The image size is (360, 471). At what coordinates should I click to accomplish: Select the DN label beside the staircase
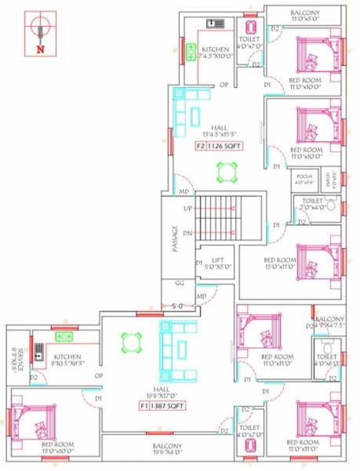[188, 234]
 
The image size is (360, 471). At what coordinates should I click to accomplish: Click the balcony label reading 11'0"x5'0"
[303, 16]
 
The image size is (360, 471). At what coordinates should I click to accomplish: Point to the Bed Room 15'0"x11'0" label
[279, 263]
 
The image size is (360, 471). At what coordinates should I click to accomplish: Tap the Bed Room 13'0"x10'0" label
[58, 448]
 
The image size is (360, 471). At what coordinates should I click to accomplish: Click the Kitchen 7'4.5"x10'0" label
[214, 53]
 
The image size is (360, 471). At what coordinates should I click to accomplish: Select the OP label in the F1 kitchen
[99, 375]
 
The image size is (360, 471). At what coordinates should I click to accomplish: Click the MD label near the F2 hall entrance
[183, 192]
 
